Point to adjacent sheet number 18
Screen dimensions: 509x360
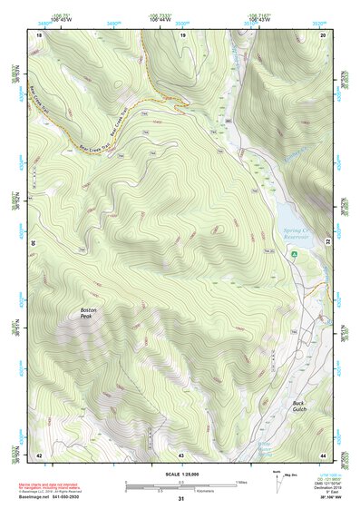(x=39, y=34)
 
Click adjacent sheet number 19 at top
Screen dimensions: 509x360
(x=182, y=34)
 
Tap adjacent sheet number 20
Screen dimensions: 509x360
(x=323, y=34)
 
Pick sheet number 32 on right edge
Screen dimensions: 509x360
(x=328, y=243)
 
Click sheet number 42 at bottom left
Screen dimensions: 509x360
(x=39, y=454)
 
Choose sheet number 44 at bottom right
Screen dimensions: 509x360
(x=323, y=454)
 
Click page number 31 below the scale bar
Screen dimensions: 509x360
(x=180, y=498)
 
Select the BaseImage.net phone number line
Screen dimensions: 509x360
(x=67, y=496)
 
